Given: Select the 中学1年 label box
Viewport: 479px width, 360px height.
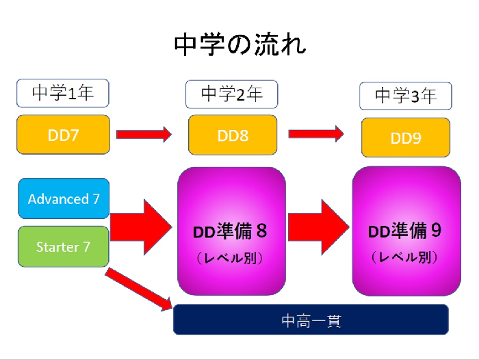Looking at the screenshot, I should (x=63, y=93).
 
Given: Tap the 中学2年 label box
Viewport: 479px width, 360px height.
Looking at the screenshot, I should (x=232, y=94).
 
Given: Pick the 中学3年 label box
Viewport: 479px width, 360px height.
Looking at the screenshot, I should (x=406, y=96).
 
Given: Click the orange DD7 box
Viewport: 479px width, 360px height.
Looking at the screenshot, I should (x=63, y=134).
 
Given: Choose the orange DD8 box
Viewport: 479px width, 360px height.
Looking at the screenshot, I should (x=233, y=135).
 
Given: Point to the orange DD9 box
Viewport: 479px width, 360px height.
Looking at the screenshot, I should (x=406, y=138).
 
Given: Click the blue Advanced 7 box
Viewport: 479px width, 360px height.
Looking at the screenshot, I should (x=63, y=198).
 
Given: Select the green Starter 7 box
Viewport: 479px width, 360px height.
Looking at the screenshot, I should (x=63, y=246).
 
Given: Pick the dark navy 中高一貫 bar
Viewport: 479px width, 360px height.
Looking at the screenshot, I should (x=311, y=320).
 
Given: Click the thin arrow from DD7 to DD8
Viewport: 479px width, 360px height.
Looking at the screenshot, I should (x=143, y=134).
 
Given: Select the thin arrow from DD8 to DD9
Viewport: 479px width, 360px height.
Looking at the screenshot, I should (x=315, y=134).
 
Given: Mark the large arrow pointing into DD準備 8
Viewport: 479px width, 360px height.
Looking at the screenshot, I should (x=141, y=226).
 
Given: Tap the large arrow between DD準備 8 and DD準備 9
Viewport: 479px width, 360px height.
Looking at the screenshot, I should (x=318, y=226).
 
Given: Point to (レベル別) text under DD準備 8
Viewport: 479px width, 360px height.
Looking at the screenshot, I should (x=231, y=259).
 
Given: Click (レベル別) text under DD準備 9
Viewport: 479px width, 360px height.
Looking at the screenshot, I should (x=405, y=258).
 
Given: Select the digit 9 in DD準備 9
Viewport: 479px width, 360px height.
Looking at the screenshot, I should (x=435, y=231).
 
